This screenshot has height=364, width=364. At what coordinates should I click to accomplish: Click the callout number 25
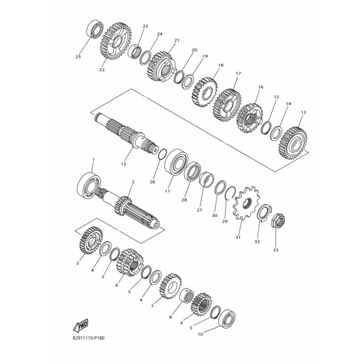(x=78, y=57)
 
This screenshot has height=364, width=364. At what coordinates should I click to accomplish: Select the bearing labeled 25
(x=95, y=29)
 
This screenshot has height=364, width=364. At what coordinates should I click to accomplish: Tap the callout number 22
(x=101, y=70)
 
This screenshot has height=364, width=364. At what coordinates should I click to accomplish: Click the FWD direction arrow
(x=80, y=325)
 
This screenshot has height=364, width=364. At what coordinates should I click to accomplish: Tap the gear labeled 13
(x=293, y=142)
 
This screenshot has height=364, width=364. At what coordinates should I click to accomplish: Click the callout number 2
(x=132, y=182)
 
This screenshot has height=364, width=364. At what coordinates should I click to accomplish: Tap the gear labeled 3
(x=89, y=240)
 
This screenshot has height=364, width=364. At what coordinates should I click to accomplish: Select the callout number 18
(x=221, y=66)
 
